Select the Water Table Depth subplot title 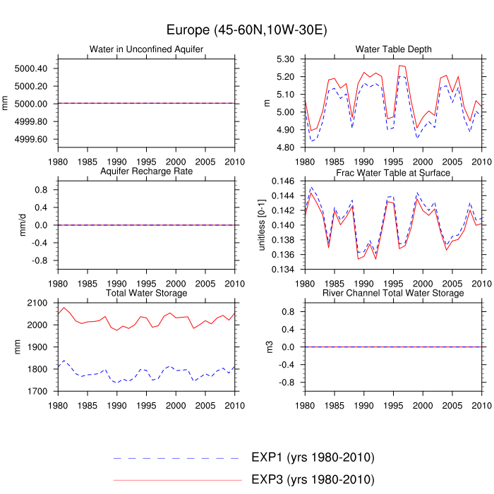click(x=393, y=49)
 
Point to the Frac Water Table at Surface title click(x=393, y=172)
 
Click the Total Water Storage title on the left click(x=146, y=293)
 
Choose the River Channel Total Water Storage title click(x=393, y=293)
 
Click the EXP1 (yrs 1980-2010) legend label click(x=313, y=457)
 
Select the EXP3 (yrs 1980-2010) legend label click(x=313, y=480)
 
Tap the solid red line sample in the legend click(x=176, y=481)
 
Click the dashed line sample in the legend click(x=176, y=458)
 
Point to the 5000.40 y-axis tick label click(x=31, y=68)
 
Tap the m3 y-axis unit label click(x=267, y=347)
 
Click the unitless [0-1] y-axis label click(x=262, y=225)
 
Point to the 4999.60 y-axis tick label click(x=31, y=139)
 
